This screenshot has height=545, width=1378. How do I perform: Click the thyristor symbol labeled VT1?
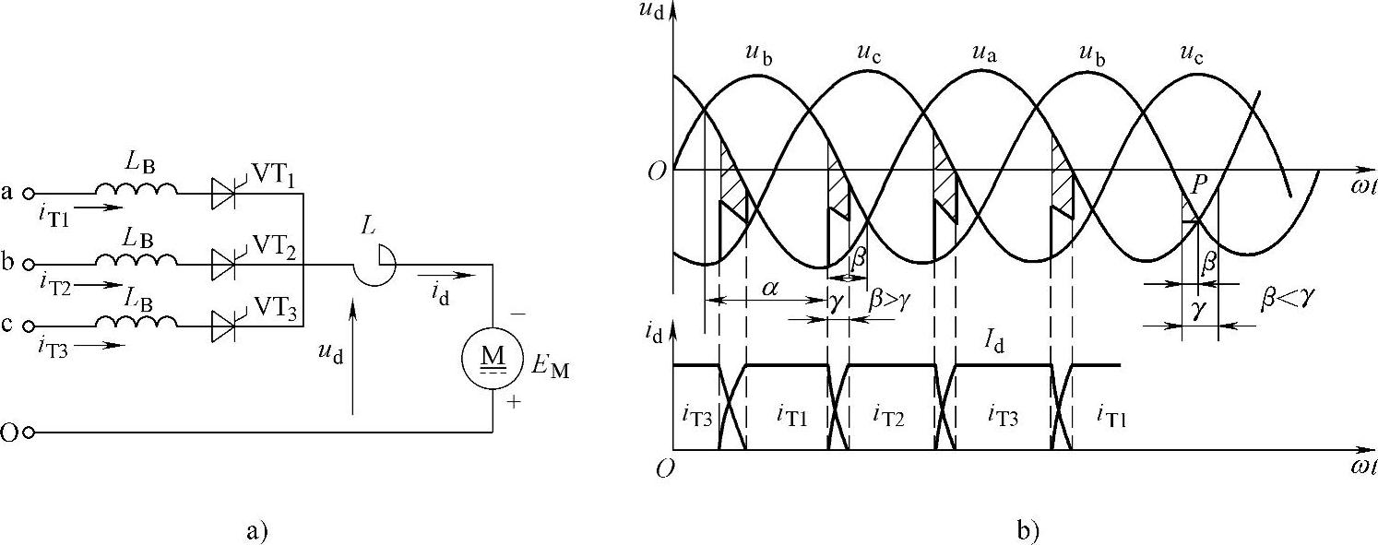(x=223, y=194)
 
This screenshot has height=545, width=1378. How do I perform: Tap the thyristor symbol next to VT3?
(x=223, y=325)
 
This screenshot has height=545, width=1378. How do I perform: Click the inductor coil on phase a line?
(x=136, y=189)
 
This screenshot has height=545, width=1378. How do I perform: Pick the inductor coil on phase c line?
(x=136, y=320)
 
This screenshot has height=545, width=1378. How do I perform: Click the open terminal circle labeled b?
(x=30, y=264)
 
